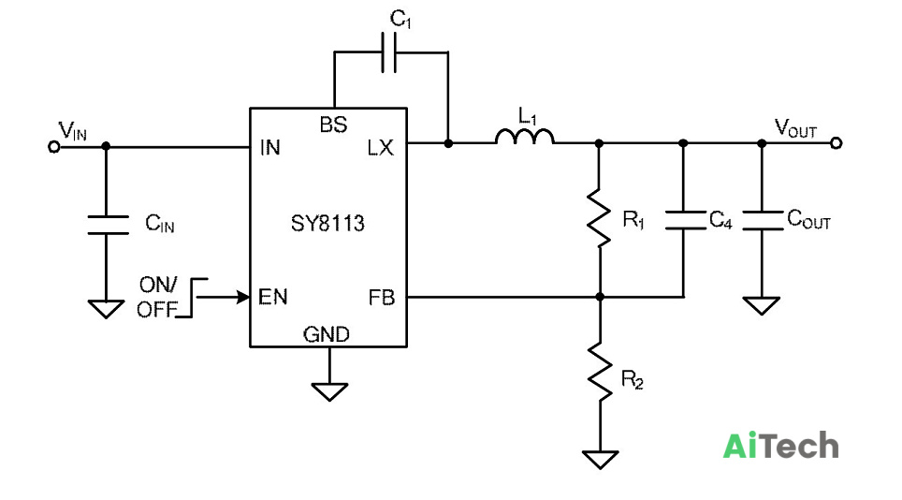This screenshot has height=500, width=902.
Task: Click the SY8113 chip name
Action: tap(327, 223)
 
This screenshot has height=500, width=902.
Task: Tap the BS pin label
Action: tap(334, 125)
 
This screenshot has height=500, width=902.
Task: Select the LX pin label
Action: tap(381, 148)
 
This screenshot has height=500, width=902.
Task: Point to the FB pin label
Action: tap(382, 298)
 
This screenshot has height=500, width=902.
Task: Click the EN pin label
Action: tap(272, 297)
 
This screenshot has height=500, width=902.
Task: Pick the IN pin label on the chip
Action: tap(269, 148)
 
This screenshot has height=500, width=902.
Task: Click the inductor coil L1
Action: tap(525, 137)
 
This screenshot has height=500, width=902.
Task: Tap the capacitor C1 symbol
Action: tap(389, 53)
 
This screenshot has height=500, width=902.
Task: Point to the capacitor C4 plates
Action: tap(685, 220)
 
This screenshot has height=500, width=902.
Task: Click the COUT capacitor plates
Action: tap(763, 220)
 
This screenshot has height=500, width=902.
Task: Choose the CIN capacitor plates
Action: tap(108, 225)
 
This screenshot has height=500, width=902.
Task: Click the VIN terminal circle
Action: tap(54, 147)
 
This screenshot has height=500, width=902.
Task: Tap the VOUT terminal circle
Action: tap(837, 142)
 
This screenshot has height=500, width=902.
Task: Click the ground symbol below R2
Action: tap(600, 460)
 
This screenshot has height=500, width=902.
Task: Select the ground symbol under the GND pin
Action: tap(329, 391)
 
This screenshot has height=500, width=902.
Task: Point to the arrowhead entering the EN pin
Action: tap(243, 297)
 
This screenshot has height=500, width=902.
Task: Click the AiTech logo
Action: tap(780, 446)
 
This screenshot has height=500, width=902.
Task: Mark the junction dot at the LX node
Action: tap(448, 142)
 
